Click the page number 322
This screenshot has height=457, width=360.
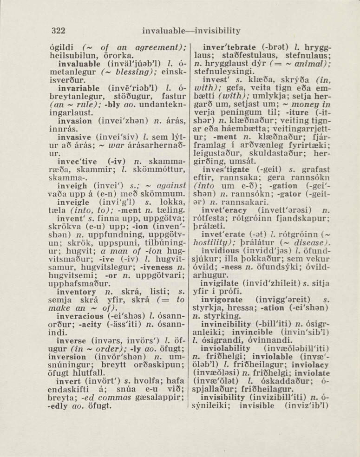click(58, 31)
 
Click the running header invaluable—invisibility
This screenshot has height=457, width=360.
click(191, 32)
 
